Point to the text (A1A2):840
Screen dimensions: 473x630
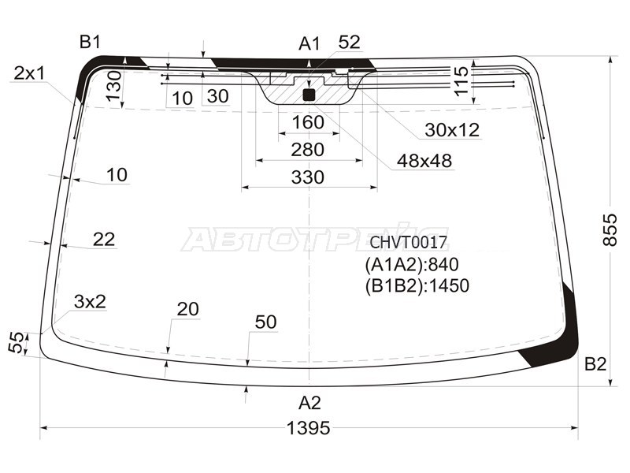point(411,264)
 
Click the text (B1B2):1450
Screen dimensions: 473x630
point(417,285)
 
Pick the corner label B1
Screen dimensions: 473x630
point(90,42)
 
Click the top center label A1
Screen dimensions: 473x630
point(309,43)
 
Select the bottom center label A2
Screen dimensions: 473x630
point(309,403)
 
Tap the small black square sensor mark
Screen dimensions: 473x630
point(309,95)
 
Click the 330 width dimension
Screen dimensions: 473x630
point(307,177)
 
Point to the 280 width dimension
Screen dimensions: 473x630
point(307,150)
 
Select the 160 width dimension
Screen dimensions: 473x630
point(308,122)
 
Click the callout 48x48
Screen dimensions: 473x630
point(424,161)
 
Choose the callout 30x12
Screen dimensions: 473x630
point(452,130)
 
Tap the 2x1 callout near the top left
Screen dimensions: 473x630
point(29,73)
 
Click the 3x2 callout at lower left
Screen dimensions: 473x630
point(90,301)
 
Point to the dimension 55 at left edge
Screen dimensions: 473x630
point(14,343)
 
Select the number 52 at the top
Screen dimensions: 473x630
point(349,42)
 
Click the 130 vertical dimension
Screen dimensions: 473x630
point(113,85)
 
